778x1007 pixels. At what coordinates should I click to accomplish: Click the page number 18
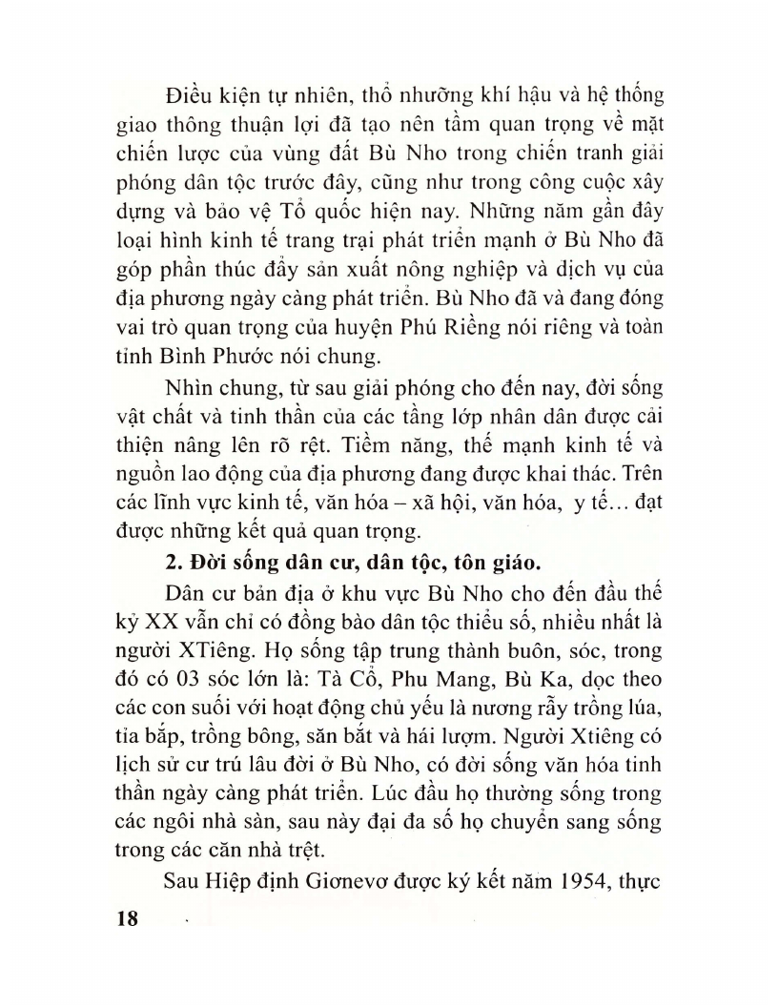coord(126,920)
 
